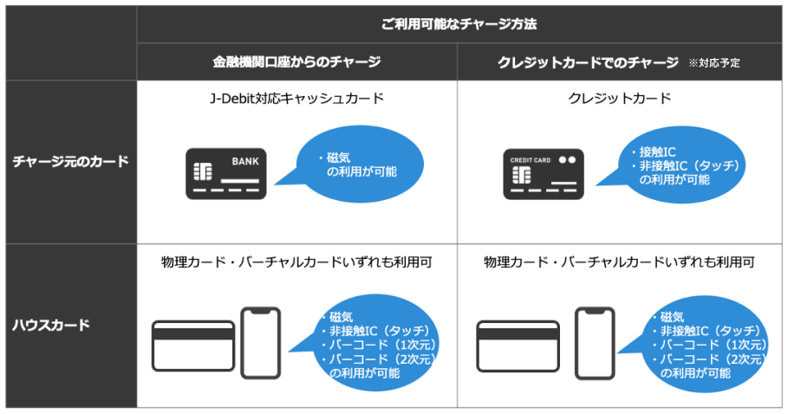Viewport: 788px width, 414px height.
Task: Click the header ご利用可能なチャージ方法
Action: click(x=459, y=24)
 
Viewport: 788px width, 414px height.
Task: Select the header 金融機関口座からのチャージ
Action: click(x=296, y=61)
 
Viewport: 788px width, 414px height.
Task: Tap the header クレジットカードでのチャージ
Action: click(x=588, y=62)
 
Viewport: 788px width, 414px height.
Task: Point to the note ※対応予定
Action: click(x=714, y=63)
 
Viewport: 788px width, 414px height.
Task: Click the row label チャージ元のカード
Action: click(x=71, y=162)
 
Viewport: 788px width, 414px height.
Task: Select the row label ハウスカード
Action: click(x=51, y=325)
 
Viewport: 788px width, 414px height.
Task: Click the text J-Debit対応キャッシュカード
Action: click(x=296, y=98)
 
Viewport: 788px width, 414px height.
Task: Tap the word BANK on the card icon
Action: click(x=245, y=162)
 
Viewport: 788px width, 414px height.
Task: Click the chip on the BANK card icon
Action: click(x=203, y=171)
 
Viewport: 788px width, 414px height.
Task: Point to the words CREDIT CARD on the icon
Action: click(x=531, y=160)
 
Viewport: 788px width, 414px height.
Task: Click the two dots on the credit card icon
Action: click(x=568, y=160)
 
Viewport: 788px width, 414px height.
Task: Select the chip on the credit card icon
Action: click(x=522, y=175)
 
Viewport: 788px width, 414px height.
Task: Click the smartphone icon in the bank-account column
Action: click(x=260, y=343)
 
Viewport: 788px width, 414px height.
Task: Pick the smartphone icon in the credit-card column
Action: click(x=595, y=343)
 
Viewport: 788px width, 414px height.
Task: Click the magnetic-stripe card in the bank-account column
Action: click(x=193, y=346)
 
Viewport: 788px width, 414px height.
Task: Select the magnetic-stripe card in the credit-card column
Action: click(x=518, y=346)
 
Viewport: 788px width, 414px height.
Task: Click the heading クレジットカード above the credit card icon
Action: click(x=619, y=98)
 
